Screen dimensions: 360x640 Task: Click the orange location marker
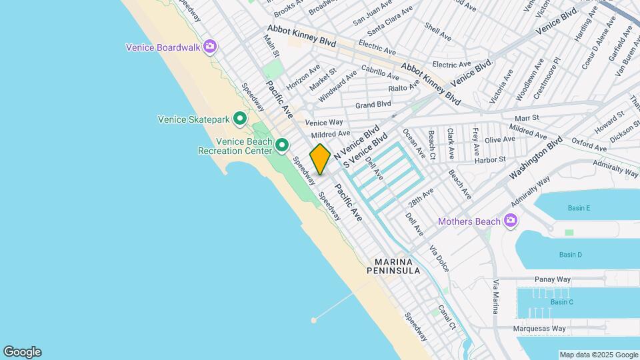(x=320, y=159)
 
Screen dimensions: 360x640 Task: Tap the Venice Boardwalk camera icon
(x=210, y=47)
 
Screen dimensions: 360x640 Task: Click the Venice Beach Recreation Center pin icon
(x=282, y=145)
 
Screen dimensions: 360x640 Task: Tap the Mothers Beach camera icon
(x=511, y=221)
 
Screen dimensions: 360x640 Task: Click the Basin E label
(x=579, y=208)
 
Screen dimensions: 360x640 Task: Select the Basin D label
(x=570, y=255)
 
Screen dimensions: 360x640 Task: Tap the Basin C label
(x=561, y=302)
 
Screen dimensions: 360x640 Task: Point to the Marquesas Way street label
(x=539, y=328)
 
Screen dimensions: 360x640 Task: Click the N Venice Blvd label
(x=357, y=141)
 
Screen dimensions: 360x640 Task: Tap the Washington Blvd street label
(x=536, y=159)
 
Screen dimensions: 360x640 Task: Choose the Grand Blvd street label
(x=373, y=105)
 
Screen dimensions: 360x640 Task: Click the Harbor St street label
(x=490, y=159)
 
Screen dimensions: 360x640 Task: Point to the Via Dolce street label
(x=439, y=259)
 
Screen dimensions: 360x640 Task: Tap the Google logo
(x=22, y=352)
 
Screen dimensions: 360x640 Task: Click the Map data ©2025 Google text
(x=598, y=355)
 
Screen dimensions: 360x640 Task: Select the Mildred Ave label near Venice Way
(x=330, y=134)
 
